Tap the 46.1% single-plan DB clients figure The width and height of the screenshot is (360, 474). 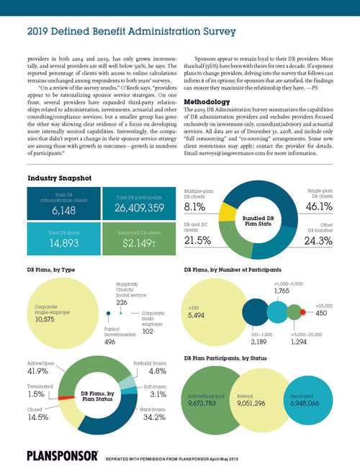(318, 207)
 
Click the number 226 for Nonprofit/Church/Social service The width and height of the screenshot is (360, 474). (122, 302)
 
